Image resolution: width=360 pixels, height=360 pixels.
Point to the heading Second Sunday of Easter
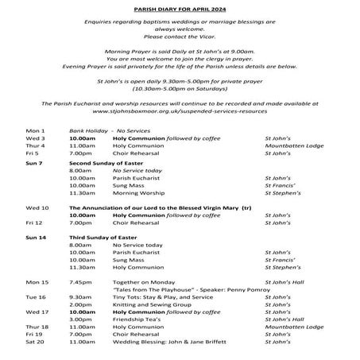coord(101,161)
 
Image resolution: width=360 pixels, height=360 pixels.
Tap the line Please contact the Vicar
coord(179,37)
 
